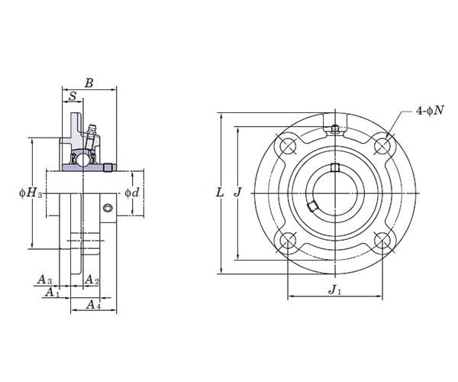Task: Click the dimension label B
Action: click(89, 83)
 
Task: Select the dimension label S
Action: click(72, 96)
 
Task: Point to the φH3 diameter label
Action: click(30, 193)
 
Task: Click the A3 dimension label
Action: click(44, 280)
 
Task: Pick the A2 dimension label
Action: click(92, 280)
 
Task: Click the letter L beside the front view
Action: click(220, 193)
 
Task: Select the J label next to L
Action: click(238, 193)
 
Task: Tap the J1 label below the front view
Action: click(334, 290)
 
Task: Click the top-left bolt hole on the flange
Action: click(287, 145)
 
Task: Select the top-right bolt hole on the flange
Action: click(383, 145)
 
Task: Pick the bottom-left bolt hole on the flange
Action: click(287, 241)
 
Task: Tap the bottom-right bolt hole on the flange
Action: click(383, 241)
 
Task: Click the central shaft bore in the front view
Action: click(335, 193)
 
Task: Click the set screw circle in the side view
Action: click(108, 209)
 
